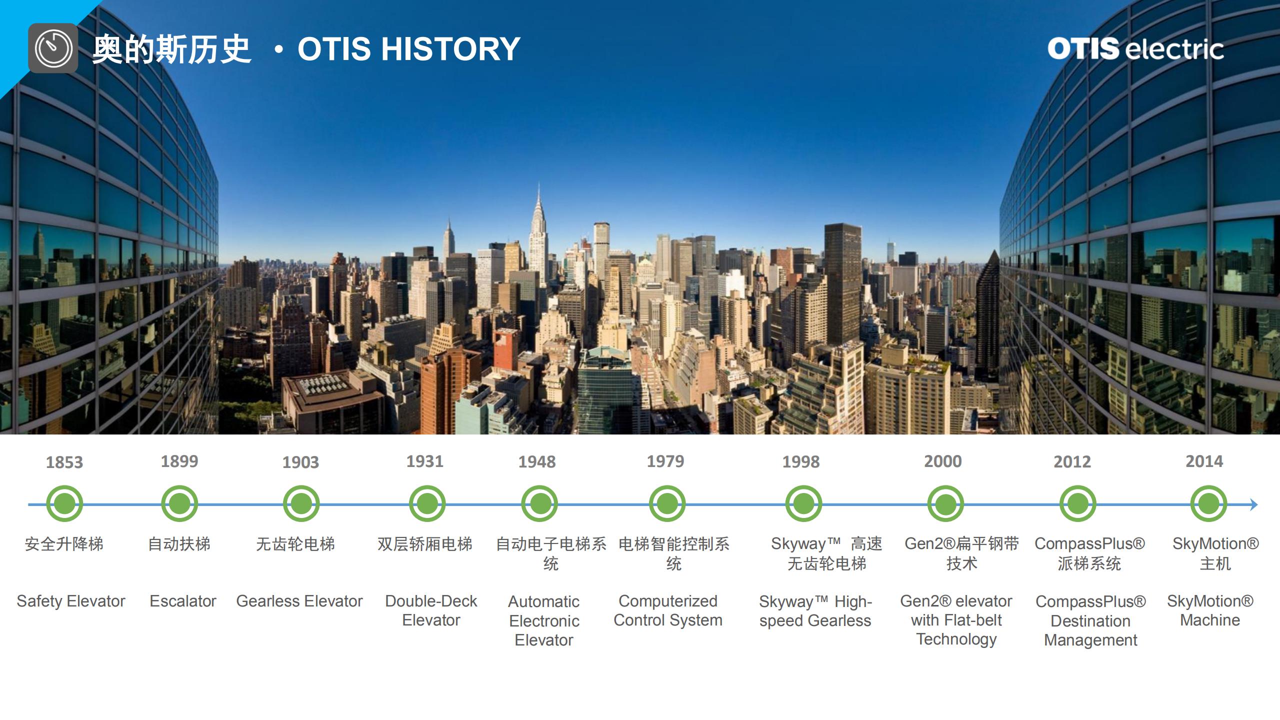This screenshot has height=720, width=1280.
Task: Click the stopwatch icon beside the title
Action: (x=53, y=48)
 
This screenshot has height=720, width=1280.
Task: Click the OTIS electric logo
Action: (x=1135, y=49)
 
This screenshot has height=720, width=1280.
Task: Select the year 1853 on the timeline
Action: (x=64, y=462)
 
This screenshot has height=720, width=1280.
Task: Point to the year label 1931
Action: (x=424, y=461)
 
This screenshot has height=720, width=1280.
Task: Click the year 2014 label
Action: (x=1204, y=461)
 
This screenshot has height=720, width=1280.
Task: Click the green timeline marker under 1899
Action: (x=179, y=503)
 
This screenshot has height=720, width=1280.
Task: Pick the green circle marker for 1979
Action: (x=667, y=503)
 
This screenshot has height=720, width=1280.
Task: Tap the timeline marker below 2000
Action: (x=945, y=503)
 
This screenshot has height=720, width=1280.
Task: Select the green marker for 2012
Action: (x=1077, y=503)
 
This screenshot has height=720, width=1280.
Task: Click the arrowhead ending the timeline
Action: (x=1254, y=504)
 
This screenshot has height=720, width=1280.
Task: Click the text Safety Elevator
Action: (x=71, y=601)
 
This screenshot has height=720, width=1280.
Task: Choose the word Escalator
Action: (x=183, y=601)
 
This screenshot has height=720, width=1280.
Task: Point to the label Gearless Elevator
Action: (x=299, y=601)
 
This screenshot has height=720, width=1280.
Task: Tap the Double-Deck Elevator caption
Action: (x=431, y=610)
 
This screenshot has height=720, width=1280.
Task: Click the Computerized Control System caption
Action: (x=668, y=610)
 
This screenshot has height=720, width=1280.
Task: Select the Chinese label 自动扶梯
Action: (x=179, y=544)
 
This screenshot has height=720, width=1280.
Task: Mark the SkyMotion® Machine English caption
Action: (x=1210, y=610)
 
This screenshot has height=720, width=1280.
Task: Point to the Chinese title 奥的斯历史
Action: (x=171, y=49)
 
